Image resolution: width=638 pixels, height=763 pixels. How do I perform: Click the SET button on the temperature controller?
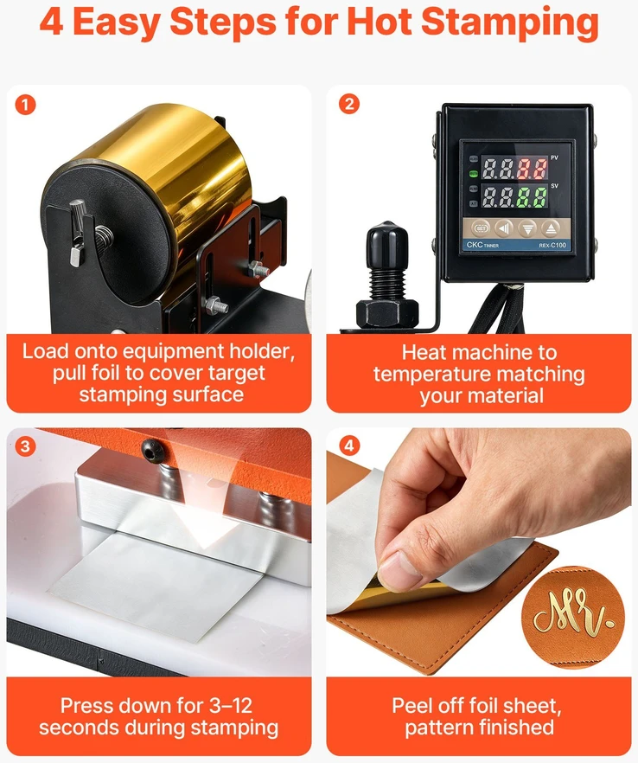click(481, 228)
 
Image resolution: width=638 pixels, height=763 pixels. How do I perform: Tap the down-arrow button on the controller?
click(527, 228)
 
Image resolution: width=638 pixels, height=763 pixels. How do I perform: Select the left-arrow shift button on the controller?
click(504, 228)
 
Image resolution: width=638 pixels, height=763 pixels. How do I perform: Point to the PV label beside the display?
click(554, 158)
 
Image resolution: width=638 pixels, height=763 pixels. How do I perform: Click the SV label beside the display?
click(554, 186)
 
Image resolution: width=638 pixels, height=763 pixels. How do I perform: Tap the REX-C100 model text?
click(552, 246)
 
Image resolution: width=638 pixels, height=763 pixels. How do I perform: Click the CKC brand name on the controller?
click(474, 245)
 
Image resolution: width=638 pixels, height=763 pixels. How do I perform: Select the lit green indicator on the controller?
click(473, 174)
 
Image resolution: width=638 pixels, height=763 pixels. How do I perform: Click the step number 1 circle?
click(25, 105)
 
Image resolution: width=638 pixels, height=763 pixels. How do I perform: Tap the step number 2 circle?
click(349, 104)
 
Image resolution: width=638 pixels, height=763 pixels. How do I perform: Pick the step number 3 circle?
click(25, 446)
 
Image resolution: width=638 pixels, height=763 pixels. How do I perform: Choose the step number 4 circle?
click(349, 446)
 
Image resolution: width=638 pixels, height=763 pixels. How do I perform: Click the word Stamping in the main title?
click(510, 22)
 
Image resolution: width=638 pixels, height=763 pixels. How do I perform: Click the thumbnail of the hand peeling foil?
click(479, 552)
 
